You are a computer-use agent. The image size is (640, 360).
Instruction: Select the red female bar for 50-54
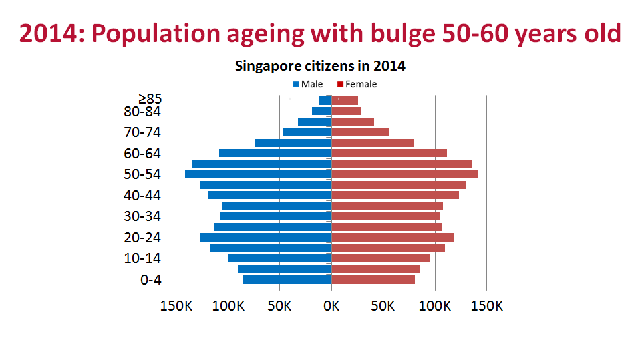405,174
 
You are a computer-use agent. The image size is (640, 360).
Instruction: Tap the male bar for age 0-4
287,279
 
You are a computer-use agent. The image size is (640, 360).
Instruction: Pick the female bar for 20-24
393,237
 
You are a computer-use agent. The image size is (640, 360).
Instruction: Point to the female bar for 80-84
346,111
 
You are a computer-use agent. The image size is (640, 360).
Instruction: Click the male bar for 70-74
307,132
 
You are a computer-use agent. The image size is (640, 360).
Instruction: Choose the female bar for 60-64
389,153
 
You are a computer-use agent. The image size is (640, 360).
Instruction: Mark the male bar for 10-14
279,258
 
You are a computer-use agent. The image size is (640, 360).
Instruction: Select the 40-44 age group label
142,196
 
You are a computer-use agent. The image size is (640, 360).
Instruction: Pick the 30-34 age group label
142,216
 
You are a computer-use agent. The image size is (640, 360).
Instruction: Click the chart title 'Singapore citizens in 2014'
320,67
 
